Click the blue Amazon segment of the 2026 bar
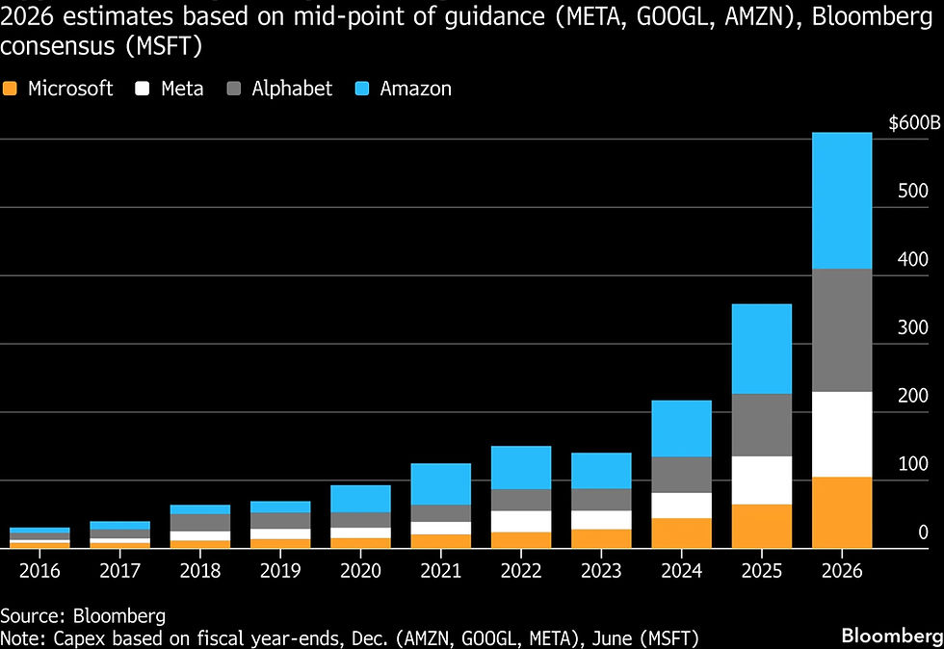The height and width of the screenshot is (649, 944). pos(842,200)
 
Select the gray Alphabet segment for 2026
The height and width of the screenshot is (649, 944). pos(842,330)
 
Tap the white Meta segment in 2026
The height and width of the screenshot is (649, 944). pos(842,434)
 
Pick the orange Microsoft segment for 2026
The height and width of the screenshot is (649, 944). pos(842,512)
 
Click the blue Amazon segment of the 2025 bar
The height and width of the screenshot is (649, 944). pos(762,350)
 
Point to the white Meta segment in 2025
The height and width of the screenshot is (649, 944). pos(762,480)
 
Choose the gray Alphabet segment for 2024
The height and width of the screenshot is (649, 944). pos(682,475)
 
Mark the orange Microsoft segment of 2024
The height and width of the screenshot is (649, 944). pos(682,532)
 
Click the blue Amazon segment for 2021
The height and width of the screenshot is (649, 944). pos(441,484)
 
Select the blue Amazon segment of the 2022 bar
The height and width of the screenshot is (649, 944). pos(521,468)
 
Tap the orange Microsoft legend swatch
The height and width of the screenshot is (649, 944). pos(10,90)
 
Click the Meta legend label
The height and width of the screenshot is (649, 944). pos(182,90)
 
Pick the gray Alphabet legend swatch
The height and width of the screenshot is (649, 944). pos(233,90)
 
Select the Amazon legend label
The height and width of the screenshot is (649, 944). pos(415,90)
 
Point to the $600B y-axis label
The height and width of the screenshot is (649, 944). pos(914,123)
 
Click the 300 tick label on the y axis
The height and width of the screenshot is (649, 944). pos(913,327)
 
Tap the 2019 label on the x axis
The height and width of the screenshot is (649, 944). pos(280,571)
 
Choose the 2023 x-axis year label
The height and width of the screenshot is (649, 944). pos(601,571)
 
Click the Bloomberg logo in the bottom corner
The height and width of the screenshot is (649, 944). pos(892,636)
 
